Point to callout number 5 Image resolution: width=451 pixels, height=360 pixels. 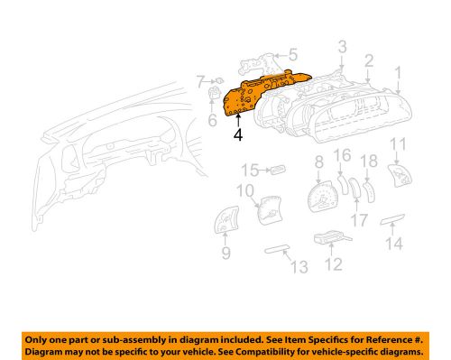(292, 54)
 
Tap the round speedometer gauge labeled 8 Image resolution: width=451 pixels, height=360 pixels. (321, 197)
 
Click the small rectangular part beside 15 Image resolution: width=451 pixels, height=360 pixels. (277, 168)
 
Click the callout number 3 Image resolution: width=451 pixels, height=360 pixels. (343, 46)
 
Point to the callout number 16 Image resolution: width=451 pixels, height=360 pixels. (342, 158)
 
